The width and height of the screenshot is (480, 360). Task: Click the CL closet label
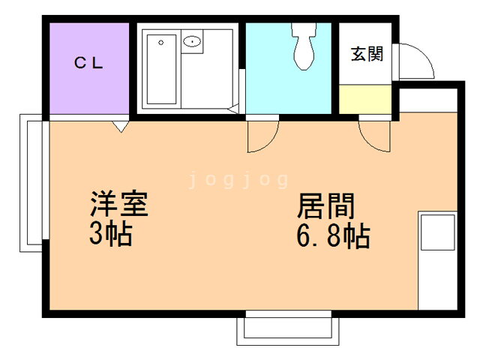pos(88,63)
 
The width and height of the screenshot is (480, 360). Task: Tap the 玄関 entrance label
pos(367,54)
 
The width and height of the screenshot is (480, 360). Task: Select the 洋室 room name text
pos(118,204)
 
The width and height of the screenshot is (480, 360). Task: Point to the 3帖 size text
pos(110,235)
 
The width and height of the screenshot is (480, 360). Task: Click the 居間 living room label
pos(326,205)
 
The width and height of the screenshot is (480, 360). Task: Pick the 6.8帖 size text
pos(331,237)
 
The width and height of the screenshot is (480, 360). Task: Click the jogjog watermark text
pos(238,180)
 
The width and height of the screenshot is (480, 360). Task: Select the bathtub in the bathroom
pos(160,69)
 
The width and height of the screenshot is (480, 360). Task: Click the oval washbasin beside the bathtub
pos(193,41)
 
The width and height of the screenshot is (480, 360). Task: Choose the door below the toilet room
pos(262,135)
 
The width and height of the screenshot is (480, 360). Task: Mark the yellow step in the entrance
pos(364,99)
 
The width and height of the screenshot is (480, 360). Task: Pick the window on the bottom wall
pos(284,328)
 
